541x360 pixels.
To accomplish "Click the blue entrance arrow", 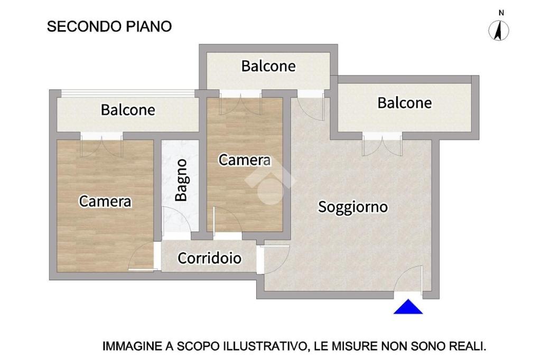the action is [x=408, y=307].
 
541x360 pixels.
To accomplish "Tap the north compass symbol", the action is [x=499, y=30].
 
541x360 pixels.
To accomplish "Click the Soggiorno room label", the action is [x=353, y=207].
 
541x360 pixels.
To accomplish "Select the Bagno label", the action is [x=181, y=180].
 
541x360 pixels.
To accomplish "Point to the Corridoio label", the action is [x=209, y=258].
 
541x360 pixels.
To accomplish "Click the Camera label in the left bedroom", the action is [x=105, y=201].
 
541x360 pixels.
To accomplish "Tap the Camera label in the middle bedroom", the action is [x=245, y=160].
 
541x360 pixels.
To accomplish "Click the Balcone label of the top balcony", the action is [x=268, y=66].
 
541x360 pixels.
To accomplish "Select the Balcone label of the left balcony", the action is [x=128, y=110].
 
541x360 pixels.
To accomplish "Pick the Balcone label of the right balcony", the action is [x=405, y=103].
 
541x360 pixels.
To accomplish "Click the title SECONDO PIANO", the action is [x=109, y=26].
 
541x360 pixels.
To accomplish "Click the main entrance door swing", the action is [x=409, y=279].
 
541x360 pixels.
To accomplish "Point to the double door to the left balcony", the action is [x=102, y=147].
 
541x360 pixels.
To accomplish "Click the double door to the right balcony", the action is [x=383, y=146].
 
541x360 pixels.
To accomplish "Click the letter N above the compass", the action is [x=501, y=13].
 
